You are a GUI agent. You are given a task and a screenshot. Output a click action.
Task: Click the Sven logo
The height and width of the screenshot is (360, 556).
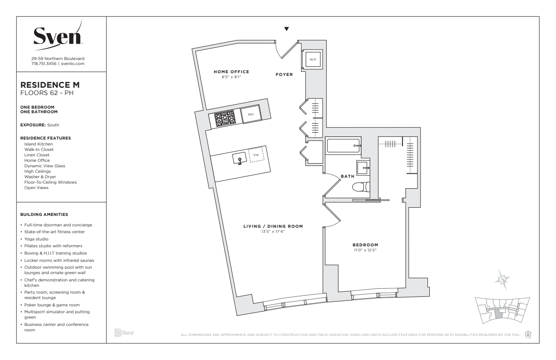(x=58, y=35)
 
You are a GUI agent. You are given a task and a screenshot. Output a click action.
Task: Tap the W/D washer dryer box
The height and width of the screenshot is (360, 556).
(x=313, y=60)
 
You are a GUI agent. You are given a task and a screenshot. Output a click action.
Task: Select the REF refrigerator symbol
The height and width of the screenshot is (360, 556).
(x=251, y=114)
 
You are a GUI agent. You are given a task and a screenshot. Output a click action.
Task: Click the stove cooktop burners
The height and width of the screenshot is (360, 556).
(x=224, y=118)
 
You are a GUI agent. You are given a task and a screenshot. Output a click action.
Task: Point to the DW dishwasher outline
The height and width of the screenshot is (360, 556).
(x=256, y=155)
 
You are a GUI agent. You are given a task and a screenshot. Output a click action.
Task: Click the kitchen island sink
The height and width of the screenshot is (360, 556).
(x=239, y=158)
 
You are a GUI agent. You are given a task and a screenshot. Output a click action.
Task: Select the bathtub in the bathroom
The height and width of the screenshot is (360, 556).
(x=343, y=145)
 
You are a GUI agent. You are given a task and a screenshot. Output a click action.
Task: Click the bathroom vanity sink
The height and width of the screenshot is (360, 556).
(x=363, y=168)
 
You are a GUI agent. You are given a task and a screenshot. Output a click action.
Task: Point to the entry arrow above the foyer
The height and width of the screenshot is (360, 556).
(x=287, y=29)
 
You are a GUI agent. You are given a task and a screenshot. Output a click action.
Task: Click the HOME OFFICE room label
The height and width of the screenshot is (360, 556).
(x=231, y=72)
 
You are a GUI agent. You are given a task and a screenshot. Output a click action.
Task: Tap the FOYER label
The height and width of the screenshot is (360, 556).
(x=284, y=75)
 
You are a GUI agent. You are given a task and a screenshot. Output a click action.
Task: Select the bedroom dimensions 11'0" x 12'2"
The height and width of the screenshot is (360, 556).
(x=365, y=250)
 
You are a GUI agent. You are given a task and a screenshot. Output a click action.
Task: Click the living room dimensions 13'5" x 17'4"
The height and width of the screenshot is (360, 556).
(x=273, y=231)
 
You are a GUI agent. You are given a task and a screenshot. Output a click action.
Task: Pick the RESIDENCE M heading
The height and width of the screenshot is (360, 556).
(x=50, y=85)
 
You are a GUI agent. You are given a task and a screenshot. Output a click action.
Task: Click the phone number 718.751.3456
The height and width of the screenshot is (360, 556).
(x=44, y=64)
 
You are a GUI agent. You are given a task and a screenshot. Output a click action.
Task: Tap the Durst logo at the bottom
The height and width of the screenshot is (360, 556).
(x=124, y=333)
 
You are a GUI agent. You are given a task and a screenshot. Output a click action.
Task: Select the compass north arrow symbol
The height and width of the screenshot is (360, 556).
(x=502, y=279)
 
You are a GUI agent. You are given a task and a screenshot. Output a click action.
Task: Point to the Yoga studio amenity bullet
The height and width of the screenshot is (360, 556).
(x=36, y=239)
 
